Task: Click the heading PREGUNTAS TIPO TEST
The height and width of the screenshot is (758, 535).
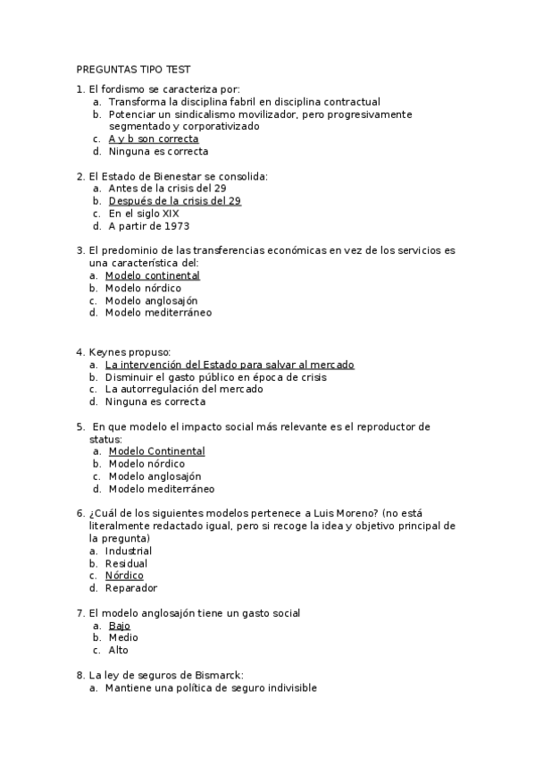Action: [133, 69]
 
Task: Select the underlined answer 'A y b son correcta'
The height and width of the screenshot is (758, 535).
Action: [153, 139]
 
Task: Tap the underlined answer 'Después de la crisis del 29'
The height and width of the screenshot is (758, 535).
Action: [174, 201]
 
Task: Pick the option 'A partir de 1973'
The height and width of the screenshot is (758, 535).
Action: [148, 226]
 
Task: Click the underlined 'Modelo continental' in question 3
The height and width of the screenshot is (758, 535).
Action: [152, 276]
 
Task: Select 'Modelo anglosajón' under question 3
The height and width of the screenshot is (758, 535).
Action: [151, 301]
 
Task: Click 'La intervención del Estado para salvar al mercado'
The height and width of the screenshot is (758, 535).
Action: [230, 365]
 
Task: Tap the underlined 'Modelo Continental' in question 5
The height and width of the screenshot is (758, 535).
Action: [156, 451]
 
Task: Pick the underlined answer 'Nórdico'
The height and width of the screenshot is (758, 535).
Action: [124, 576]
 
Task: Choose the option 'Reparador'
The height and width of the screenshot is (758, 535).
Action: [130, 588]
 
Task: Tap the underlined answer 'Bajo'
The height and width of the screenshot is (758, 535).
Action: [120, 626]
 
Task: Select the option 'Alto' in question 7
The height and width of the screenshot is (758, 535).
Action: [119, 651]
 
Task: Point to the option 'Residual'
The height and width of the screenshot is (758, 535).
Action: [126, 564]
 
